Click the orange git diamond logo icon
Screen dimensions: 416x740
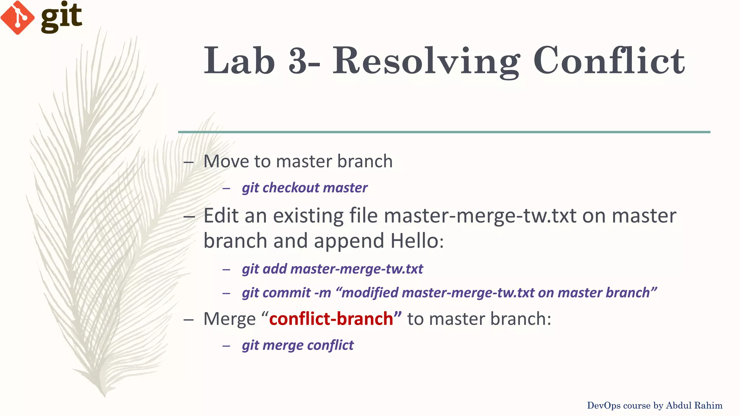pyautogui.click(x=17, y=18)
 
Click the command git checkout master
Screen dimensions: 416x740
pyautogui.click(x=305, y=188)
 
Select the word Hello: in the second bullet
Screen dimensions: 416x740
pyautogui.click(x=417, y=241)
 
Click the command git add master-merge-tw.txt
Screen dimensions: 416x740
pyautogui.click(x=332, y=269)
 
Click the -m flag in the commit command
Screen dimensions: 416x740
pyautogui.click(x=322, y=293)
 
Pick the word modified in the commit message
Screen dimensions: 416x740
pyautogui.click(x=370, y=293)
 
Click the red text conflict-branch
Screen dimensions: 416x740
pyautogui.click(x=331, y=319)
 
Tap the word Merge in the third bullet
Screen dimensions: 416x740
pyautogui.click(x=229, y=319)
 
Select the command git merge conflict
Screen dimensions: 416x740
pyautogui.click(x=298, y=345)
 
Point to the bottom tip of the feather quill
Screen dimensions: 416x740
pyautogui.click(x=104, y=395)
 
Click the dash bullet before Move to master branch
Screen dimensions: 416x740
pyautogui.click(x=189, y=162)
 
